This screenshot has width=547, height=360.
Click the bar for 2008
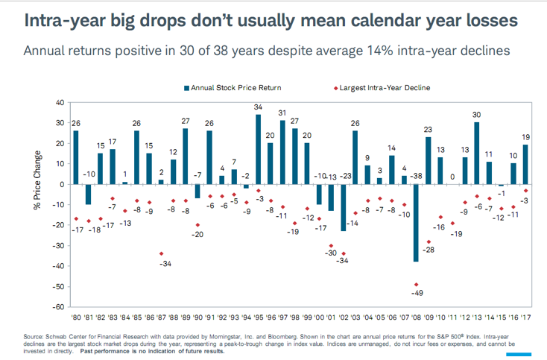click(415, 223)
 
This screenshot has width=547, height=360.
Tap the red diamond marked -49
click(415, 285)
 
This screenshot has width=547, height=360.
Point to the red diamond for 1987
click(162, 253)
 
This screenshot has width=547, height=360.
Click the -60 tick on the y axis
click(60, 306)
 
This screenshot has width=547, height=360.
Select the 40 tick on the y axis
click(60, 101)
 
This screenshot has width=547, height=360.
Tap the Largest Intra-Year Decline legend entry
click(383, 88)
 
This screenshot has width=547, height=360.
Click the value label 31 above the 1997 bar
click(282, 113)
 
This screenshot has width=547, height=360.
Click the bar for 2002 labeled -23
click(343, 207)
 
